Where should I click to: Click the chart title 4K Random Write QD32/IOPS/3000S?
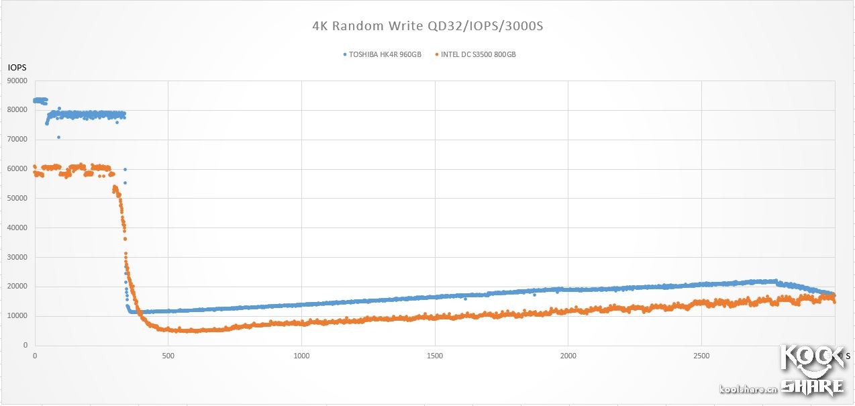[427, 26]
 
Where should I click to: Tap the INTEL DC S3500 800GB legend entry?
[478, 54]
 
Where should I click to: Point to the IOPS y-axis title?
[17, 68]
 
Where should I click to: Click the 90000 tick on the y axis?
[17, 81]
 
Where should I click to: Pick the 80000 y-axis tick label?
[17, 111]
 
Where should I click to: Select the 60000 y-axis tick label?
[17, 169]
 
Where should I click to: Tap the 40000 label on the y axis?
[17, 228]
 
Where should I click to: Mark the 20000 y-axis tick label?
[17, 287]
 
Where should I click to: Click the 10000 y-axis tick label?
[17, 316]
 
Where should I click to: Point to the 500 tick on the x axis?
[168, 356]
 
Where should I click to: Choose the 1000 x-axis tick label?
[301, 356]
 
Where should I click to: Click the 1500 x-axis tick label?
[435, 356]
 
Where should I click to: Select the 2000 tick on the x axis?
[568, 356]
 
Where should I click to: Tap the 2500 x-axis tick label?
[701, 356]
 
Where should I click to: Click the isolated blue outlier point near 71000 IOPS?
[58, 137]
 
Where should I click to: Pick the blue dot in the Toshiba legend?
[345, 54]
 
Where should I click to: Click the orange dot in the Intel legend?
[438, 54]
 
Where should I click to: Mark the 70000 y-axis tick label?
[17, 140]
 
